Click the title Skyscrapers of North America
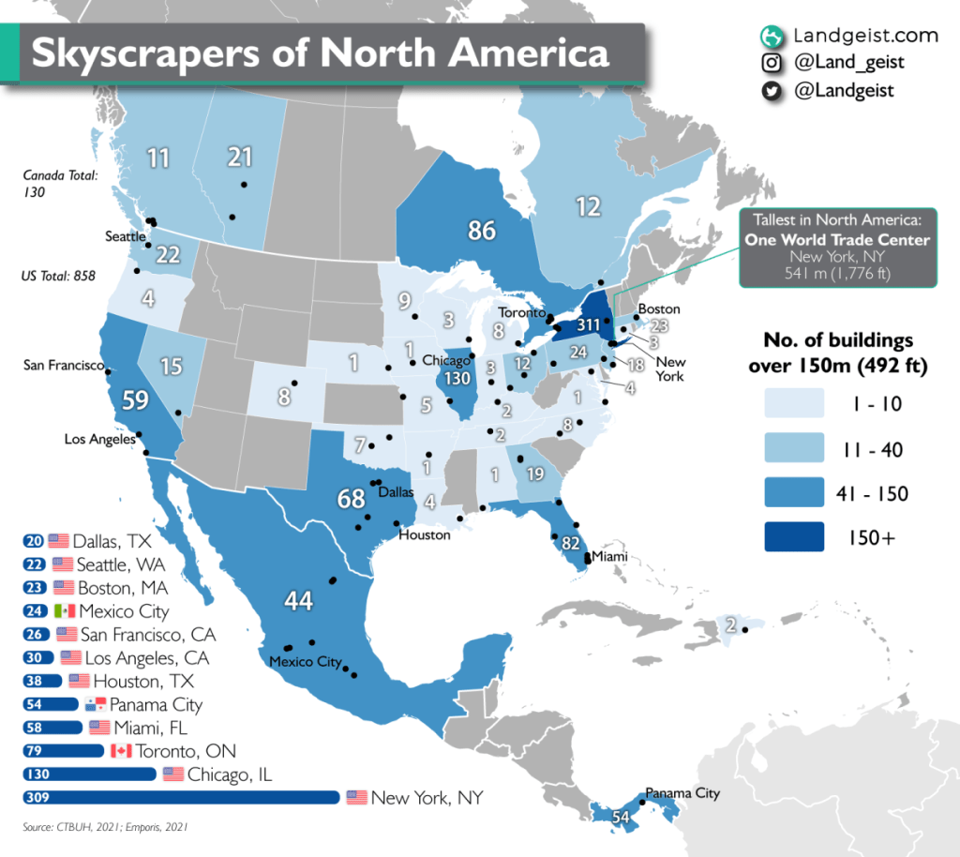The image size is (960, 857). point(321,53)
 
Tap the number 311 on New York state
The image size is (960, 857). point(588,326)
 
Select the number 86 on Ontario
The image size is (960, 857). point(482,229)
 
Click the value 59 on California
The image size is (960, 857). point(135,400)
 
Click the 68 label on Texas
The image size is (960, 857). point(351,499)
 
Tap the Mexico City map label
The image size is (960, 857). point(305,662)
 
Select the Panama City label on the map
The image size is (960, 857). point(682,793)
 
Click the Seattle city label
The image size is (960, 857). point(125,236)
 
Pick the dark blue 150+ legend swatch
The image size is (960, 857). point(787,536)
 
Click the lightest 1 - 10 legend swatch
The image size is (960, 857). point(787,404)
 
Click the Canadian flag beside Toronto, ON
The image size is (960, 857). point(121,751)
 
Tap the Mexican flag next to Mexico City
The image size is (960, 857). point(65,611)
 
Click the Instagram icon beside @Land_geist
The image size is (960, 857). point(771,64)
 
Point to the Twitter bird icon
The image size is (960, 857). point(771,91)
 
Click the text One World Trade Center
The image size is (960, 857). point(837,240)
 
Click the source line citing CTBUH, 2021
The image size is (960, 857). point(110,827)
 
